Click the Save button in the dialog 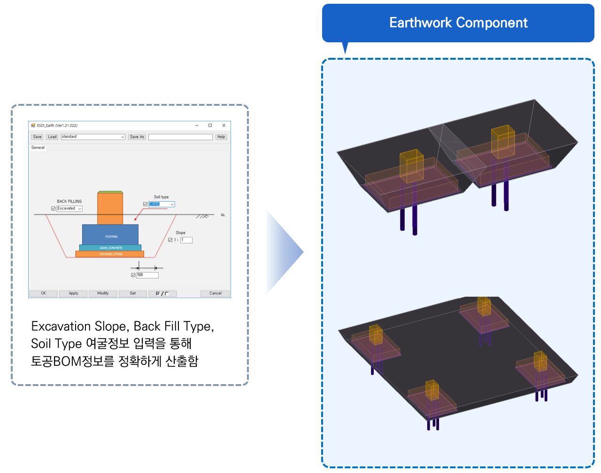pyautogui.click(x=38, y=137)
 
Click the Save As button pyautogui.click(x=137, y=137)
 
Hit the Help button pyautogui.click(x=221, y=137)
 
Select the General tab pyautogui.click(x=38, y=148)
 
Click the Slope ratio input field pyautogui.click(x=186, y=240)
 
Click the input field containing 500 pyautogui.click(x=147, y=275)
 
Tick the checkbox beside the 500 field pyautogui.click(x=133, y=275)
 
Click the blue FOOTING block pyautogui.click(x=110, y=234)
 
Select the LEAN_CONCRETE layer pyautogui.click(x=110, y=248)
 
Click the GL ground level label pyautogui.click(x=223, y=215)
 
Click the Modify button pyautogui.click(x=103, y=293)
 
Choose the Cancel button pyautogui.click(x=215, y=293)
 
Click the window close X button pyautogui.click(x=224, y=126)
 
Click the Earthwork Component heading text pyautogui.click(x=458, y=23)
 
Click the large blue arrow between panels pyautogui.click(x=284, y=252)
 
